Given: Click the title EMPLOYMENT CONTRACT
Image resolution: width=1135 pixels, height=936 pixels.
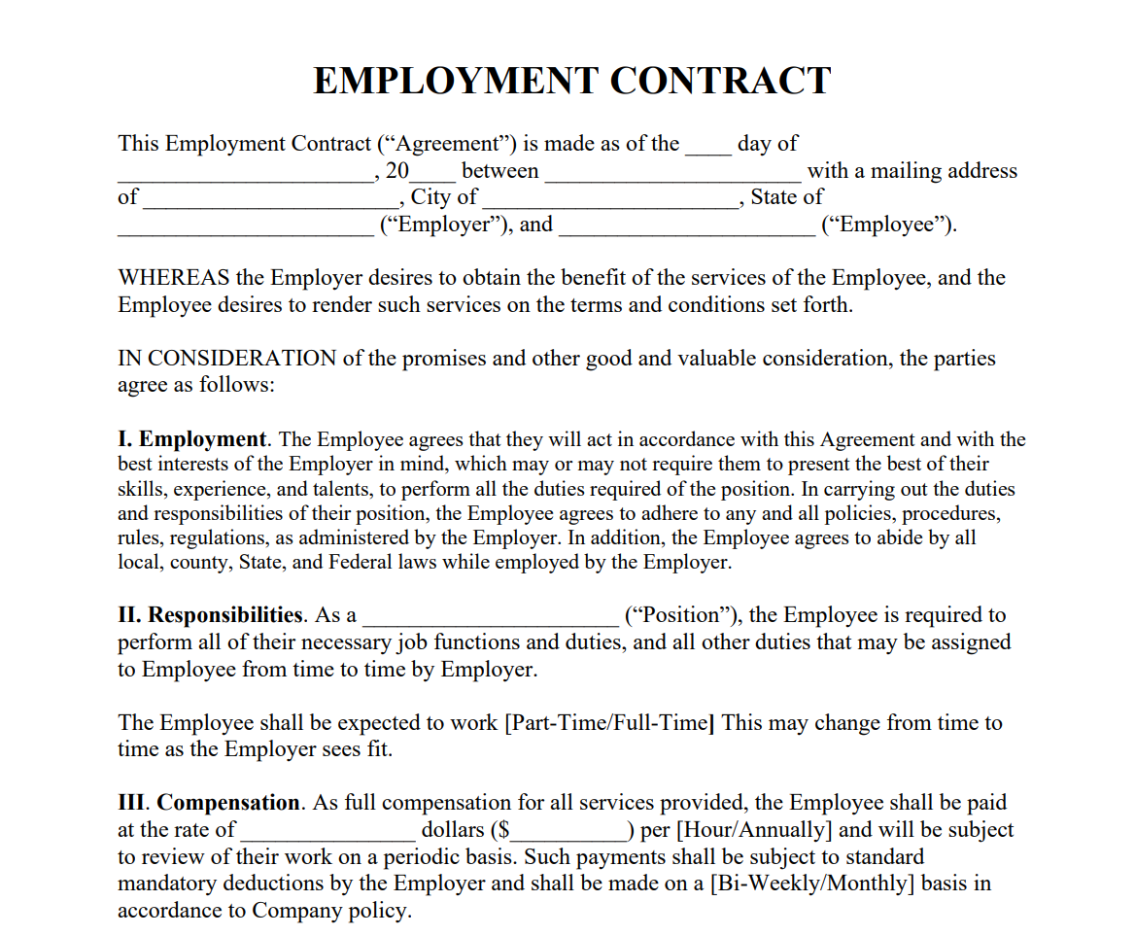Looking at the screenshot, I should click(x=571, y=81).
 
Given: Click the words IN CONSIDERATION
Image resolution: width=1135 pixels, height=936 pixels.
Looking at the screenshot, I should click(x=227, y=359).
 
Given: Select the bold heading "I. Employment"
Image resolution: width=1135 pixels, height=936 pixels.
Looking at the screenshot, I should click(x=192, y=439).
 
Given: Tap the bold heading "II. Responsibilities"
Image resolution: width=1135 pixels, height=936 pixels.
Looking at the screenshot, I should click(x=210, y=615).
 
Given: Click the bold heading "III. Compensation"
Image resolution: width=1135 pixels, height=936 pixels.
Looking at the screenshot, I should click(x=209, y=803).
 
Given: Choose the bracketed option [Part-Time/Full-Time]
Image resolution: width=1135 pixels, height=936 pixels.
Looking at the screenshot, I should click(x=610, y=723).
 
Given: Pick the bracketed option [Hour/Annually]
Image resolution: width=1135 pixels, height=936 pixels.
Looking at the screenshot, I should click(x=754, y=830).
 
